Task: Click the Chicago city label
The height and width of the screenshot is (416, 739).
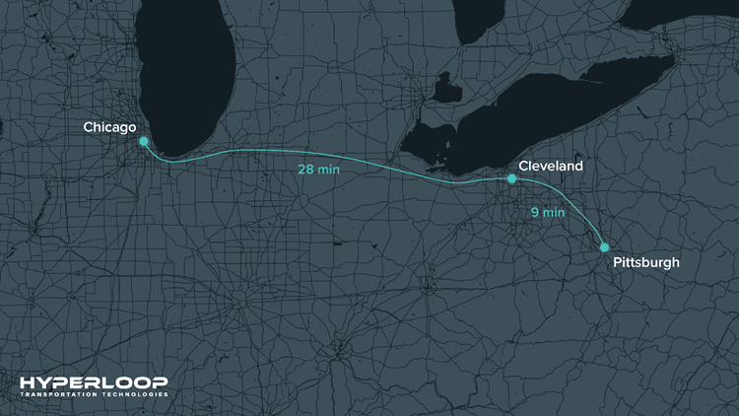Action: (109, 127)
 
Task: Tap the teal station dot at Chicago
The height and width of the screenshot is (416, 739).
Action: (144, 141)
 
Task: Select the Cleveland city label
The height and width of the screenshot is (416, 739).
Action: (550, 167)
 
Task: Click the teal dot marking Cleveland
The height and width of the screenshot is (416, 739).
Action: (511, 178)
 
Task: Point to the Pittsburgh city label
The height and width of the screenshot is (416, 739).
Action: (645, 263)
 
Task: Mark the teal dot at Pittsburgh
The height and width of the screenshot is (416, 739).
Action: (604, 247)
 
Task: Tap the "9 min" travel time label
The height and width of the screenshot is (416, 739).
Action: (547, 211)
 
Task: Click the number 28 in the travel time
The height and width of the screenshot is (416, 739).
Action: (306, 170)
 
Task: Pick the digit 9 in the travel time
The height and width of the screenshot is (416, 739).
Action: (532, 211)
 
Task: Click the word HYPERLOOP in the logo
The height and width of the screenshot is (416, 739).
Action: (94, 382)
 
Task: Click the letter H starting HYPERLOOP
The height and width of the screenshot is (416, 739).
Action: (27, 382)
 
